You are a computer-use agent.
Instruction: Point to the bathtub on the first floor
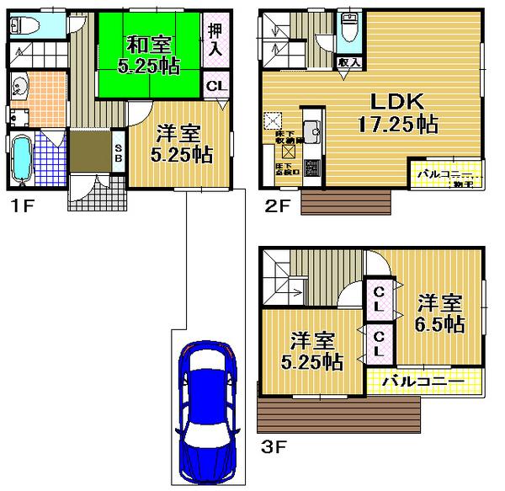click(x=23, y=159)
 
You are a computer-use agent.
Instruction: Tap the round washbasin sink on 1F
click(x=19, y=86)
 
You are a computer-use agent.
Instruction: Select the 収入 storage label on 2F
click(x=349, y=62)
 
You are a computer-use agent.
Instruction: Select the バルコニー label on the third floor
click(x=423, y=382)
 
